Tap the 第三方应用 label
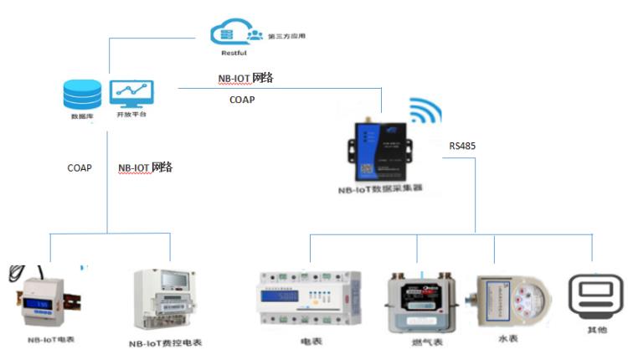tap(288, 37)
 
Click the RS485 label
tap(462, 146)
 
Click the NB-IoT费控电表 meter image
tap(164, 301)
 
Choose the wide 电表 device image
tap(310, 299)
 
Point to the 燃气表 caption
tap(416, 342)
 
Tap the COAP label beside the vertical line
tap(80, 167)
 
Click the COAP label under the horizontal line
tap(242, 99)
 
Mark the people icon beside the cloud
tap(255, 35)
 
